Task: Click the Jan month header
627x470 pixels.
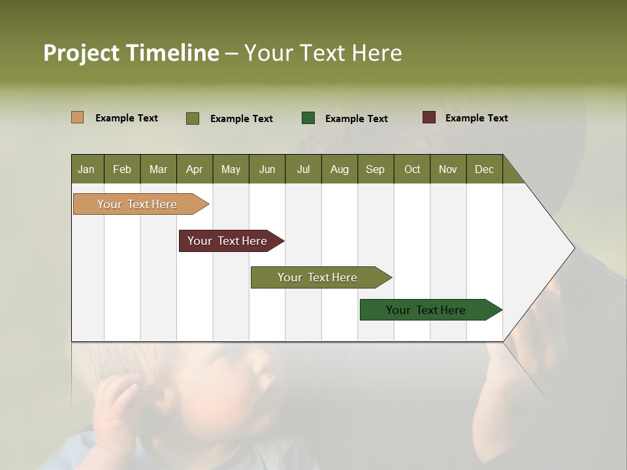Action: click(x=86, y=169)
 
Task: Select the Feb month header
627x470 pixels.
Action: click(x=122, y=169)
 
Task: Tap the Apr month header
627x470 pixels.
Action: click(x=194, y=169)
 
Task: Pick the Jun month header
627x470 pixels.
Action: click(x=267, y=169)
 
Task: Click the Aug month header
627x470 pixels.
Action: click(x=339, y=169)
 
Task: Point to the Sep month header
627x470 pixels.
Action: click(x=375, y=169)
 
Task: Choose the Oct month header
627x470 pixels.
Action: click(x=412, y=169)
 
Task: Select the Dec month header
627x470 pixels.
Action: click(x=484, y=169)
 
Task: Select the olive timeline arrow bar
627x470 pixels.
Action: click(x=318, y=277)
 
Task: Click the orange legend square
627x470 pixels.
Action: click(x=77, y=117)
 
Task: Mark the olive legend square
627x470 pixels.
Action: click(x=192, y=118)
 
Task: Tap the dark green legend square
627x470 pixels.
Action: click(x=308, y=118)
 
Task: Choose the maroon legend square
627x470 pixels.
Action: click(x=428, y=117)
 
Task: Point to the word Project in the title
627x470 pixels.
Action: click(x=82, y=53)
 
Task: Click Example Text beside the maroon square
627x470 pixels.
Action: click(x=476, y=118)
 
